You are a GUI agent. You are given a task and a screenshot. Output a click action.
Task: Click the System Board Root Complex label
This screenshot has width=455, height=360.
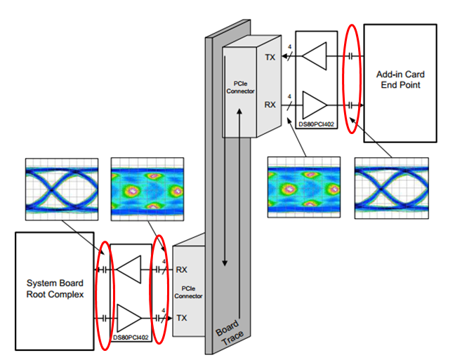tap(55, 288)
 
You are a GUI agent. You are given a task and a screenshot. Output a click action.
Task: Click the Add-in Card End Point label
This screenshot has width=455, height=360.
tap(400, 79)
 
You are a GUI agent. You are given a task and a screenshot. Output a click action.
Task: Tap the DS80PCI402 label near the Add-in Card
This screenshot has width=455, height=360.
tap(316, 124)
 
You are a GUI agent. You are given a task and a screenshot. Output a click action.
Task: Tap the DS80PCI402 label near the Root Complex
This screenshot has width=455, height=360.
tap(131, 338)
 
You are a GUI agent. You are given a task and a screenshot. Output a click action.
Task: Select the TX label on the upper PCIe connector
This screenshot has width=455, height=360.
tap(270, 58)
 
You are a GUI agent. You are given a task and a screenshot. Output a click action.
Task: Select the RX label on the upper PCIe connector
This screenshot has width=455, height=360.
tap(270, 105)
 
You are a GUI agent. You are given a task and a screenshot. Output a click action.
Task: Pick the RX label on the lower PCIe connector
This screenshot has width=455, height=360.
tap(182, 269)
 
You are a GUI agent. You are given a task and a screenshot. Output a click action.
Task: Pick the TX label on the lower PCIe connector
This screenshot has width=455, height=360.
tap(182, 318)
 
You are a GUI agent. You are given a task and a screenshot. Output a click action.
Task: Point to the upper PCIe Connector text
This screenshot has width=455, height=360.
tap(240, 87)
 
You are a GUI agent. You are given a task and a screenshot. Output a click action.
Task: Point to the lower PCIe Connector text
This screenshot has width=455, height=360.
tap(188, 292)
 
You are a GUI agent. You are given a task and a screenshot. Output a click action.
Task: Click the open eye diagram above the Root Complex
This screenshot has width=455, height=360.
tap(62, 189)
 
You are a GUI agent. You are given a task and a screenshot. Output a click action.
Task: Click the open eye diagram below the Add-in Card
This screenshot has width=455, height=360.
tap(391, 188)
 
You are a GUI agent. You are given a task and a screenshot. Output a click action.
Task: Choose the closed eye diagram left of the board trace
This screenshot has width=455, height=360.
tap(147, 189)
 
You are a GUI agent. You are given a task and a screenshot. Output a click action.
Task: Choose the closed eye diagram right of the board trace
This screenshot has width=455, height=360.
tap(304, 187)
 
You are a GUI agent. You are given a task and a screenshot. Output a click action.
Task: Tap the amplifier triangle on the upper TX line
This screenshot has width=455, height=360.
tap(315, 56)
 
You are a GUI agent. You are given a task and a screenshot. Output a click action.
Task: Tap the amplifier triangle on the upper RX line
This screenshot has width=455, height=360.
tap(315, 105)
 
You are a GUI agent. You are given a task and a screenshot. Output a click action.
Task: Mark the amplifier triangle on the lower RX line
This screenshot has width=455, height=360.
tap(128, 269)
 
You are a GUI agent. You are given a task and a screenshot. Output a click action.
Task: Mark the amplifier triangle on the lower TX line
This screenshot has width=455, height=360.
tap(129, 318)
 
